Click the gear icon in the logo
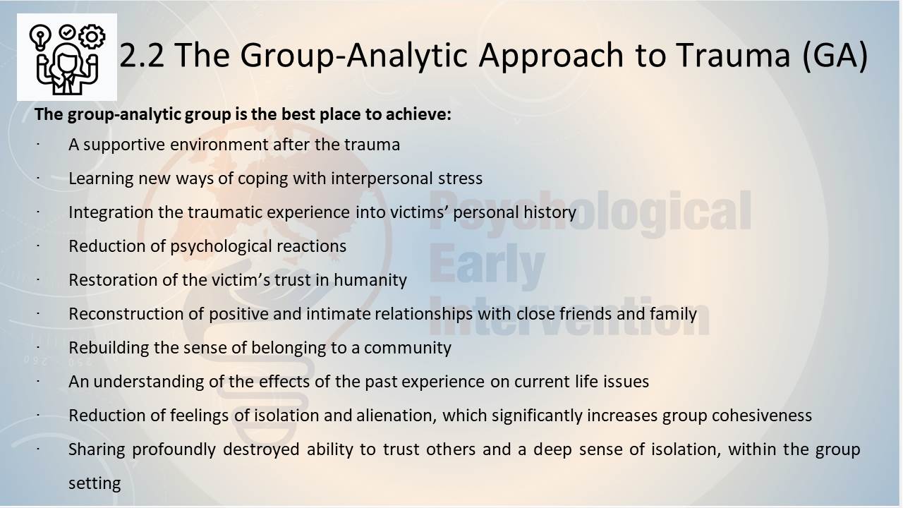point(92,37)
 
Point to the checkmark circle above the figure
point(66,32)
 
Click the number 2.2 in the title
point(142,55)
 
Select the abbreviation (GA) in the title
point(835,56)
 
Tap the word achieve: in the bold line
point(418,114)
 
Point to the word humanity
point(370,281)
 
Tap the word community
point(408,349)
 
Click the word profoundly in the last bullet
point(174,450)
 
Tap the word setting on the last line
point(95,484)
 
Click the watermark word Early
point(487,266)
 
